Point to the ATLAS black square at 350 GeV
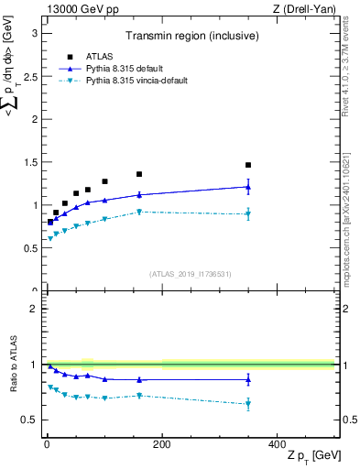pos(248,165)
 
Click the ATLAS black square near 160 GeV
pos(139,174)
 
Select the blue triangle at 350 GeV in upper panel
pos(248,187)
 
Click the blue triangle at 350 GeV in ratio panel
pos(248,379)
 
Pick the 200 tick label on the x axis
pos(161,444)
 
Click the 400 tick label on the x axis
pos(277,444)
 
